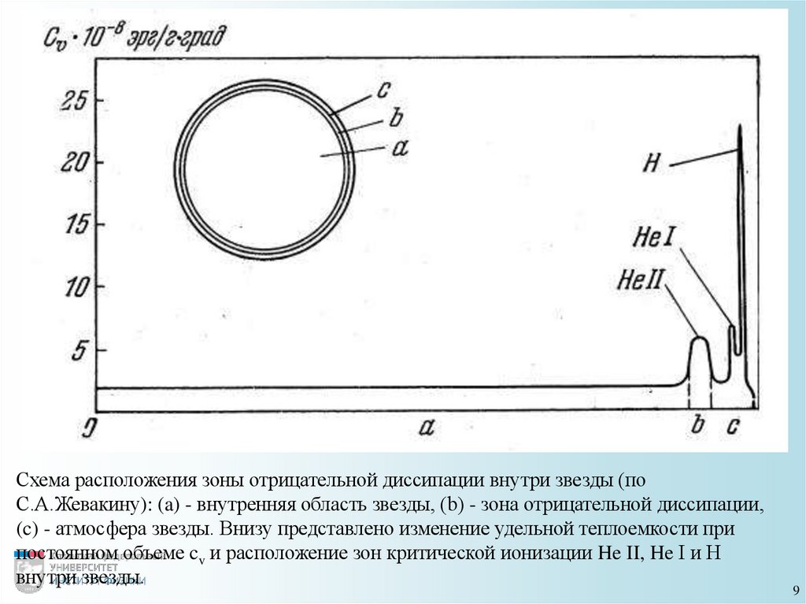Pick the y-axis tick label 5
(77, 349)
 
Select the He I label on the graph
(653, 236)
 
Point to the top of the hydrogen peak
(739, 127)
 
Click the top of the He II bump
(699, 338)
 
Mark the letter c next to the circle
(382, 89)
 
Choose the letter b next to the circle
(395, 119)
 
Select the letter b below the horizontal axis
(698, 426)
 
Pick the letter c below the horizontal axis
(732, 427)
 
